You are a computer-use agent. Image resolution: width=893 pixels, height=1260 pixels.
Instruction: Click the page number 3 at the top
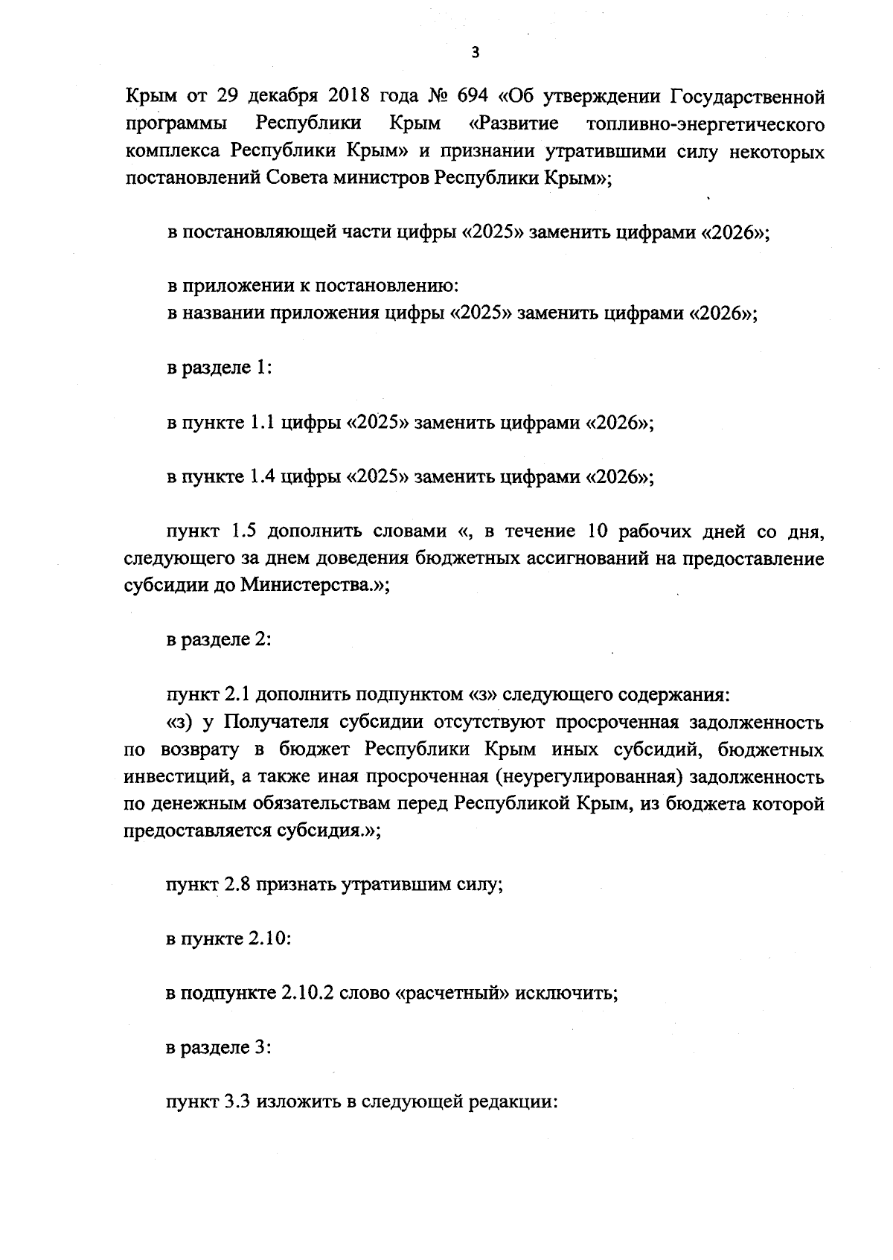476,51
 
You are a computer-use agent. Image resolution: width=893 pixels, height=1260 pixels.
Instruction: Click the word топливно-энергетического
705,124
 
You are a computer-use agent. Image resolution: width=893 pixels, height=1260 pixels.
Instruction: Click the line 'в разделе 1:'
218,368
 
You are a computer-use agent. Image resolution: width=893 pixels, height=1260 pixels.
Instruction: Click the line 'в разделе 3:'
218,1048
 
